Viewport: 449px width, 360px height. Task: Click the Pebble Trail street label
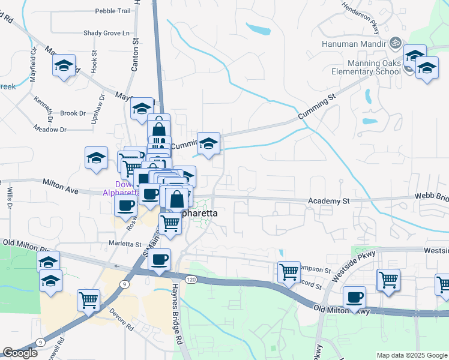point(113,11)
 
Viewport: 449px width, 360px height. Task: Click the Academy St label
point(329,200)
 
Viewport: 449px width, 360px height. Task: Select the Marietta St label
point(124,244)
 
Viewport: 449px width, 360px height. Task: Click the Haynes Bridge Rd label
point(178,313)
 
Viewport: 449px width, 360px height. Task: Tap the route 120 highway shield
point(191,280)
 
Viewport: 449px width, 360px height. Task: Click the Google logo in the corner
point(20,353)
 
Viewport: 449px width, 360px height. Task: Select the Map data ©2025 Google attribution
point(411,355)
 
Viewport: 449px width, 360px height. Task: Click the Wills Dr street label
point(10,197)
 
